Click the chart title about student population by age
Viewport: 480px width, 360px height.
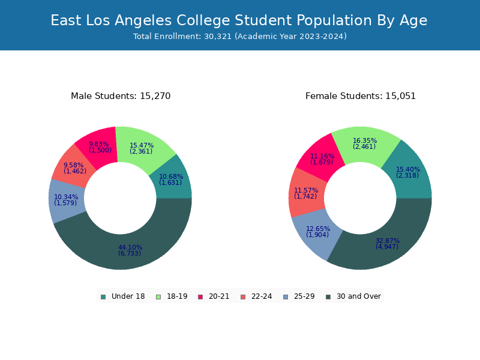point(239,20)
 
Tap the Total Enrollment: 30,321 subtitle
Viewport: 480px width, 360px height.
point(240,37)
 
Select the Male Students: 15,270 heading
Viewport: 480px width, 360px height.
point(121,96)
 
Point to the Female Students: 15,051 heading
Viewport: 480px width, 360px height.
point(361,96)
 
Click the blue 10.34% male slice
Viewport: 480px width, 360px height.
point(66,200)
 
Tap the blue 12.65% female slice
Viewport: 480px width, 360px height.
point(317,232)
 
